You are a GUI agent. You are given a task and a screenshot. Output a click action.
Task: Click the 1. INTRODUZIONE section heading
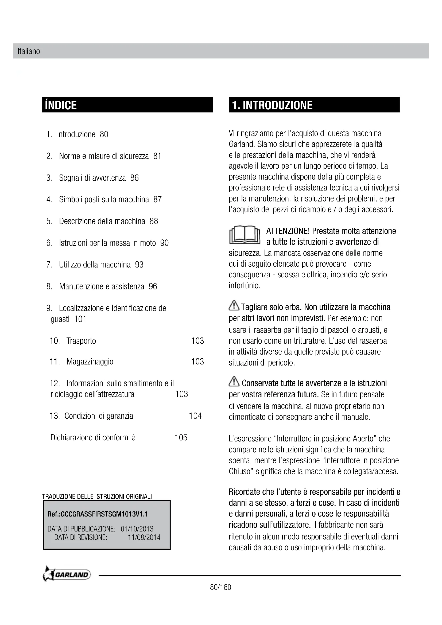click(x=272, y=105)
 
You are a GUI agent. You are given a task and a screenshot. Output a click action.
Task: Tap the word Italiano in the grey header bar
click(x=29, y=52)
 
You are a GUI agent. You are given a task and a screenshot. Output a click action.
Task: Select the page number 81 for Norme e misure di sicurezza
click(x=157, y=156)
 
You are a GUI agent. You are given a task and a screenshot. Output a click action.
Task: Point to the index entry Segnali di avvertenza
click(x=92, y=178)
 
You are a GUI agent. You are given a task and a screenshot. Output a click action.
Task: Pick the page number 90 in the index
click(x=164, y=243)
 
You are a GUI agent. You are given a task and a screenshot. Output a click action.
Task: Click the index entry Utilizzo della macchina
click(x=95, y=265)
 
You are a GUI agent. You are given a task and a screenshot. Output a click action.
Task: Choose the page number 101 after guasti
click(x=80, y=319)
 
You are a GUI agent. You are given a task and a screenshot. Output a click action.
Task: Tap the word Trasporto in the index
click(x=81, y=341)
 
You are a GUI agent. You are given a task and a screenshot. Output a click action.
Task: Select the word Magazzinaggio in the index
click(x=90, y=362)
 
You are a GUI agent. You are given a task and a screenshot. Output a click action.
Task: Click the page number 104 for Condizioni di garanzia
click(x=195, y=416)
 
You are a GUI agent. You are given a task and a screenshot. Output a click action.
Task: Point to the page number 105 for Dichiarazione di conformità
click(x=181, y=437)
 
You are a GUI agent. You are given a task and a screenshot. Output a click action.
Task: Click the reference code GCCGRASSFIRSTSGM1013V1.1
click(x=98, y=514)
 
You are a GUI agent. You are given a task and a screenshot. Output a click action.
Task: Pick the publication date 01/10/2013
click(x=137, y=529)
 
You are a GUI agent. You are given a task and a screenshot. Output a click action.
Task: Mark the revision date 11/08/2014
click(x=144, y=537)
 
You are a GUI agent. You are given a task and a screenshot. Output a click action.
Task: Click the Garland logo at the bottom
click(x=67, y=575)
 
